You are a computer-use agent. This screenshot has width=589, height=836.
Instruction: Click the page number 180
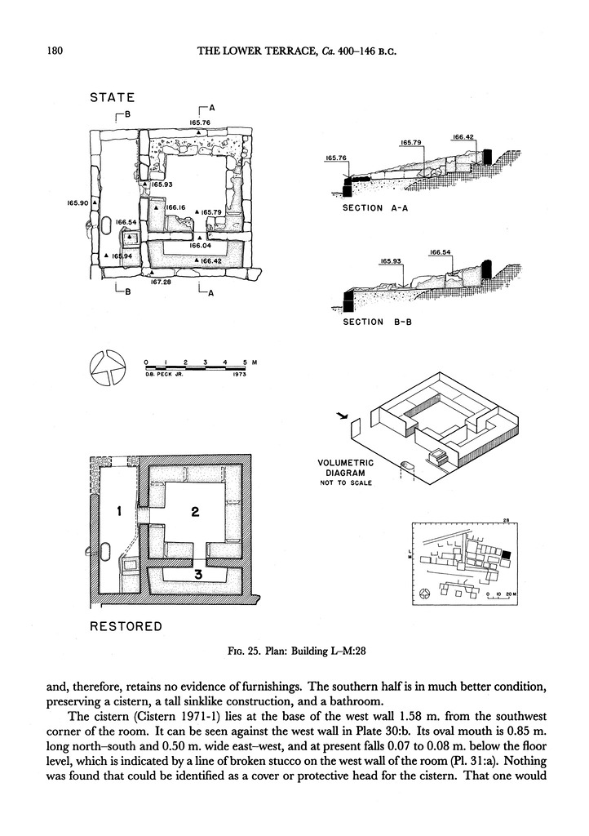pos(55,51)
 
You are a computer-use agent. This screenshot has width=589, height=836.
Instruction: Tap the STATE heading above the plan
pos(113,98)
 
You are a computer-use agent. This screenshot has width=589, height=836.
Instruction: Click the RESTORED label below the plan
pos(126,626)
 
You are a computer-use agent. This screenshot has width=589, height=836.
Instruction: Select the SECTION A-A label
pos(375,208)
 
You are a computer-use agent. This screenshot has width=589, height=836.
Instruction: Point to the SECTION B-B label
pos(378,322)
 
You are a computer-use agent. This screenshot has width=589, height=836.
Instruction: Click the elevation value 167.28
pos(160,282)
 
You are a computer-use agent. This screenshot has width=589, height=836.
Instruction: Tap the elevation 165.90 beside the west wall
pos(77,202)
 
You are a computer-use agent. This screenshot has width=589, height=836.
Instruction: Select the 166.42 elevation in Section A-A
pos(463,137)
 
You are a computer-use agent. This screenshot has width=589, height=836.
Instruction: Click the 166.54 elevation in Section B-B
pos(440,252)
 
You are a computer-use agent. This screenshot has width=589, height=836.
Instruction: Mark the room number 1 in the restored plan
pos(120,512)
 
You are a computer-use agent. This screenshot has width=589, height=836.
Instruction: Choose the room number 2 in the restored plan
pos(195,512)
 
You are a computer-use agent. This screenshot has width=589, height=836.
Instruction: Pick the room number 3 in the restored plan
pos(197,574)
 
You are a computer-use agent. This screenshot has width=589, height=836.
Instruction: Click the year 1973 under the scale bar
pos(239,374)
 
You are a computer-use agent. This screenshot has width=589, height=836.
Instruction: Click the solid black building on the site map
pos(506,554)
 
